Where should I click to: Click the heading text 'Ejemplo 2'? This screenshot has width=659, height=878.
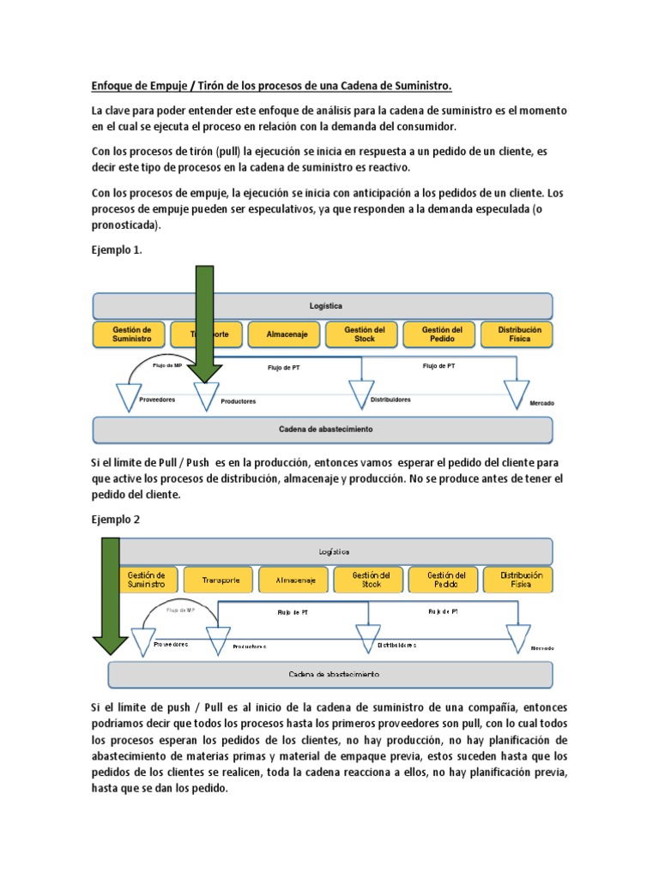[x=115, y=520]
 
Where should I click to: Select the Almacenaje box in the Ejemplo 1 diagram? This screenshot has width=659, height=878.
[x=283, y=334]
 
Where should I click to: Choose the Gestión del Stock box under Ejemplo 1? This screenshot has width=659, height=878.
[x=364, y=334]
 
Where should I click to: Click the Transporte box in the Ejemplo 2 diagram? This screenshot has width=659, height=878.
[x=220, y=580]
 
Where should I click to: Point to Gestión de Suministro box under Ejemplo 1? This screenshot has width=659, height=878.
[x=131, y=334]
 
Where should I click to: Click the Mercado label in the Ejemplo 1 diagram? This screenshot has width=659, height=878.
[x=541, y=402]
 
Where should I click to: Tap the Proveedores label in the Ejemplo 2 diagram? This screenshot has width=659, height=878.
[x=170, y=644]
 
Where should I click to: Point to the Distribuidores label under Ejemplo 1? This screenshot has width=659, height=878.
[x=390, y=400]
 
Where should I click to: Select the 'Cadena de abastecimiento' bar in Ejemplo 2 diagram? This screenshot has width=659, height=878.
[x=329, y=675]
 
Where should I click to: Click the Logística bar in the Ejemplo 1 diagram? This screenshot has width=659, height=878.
[x=323, y=306]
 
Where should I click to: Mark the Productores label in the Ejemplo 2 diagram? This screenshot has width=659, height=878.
[x=249, y=646]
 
